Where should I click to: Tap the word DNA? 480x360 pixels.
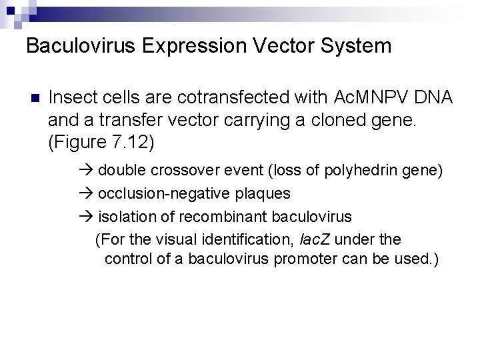(x=432, y=98)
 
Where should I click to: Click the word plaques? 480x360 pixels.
(x=266, y=193)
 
